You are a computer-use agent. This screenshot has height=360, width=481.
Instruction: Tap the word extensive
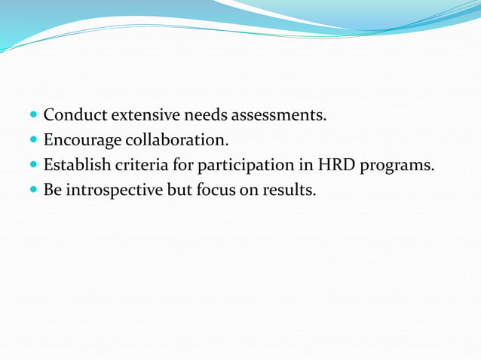pos(147,116)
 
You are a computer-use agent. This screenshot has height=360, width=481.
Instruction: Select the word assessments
pos(280,116)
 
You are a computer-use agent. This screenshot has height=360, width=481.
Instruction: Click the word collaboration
pos(181,141)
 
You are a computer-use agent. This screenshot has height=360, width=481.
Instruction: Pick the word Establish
pos(78,165)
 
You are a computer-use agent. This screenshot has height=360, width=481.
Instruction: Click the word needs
pos(205,116)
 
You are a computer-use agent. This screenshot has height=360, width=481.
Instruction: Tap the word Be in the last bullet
pos(52,190)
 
